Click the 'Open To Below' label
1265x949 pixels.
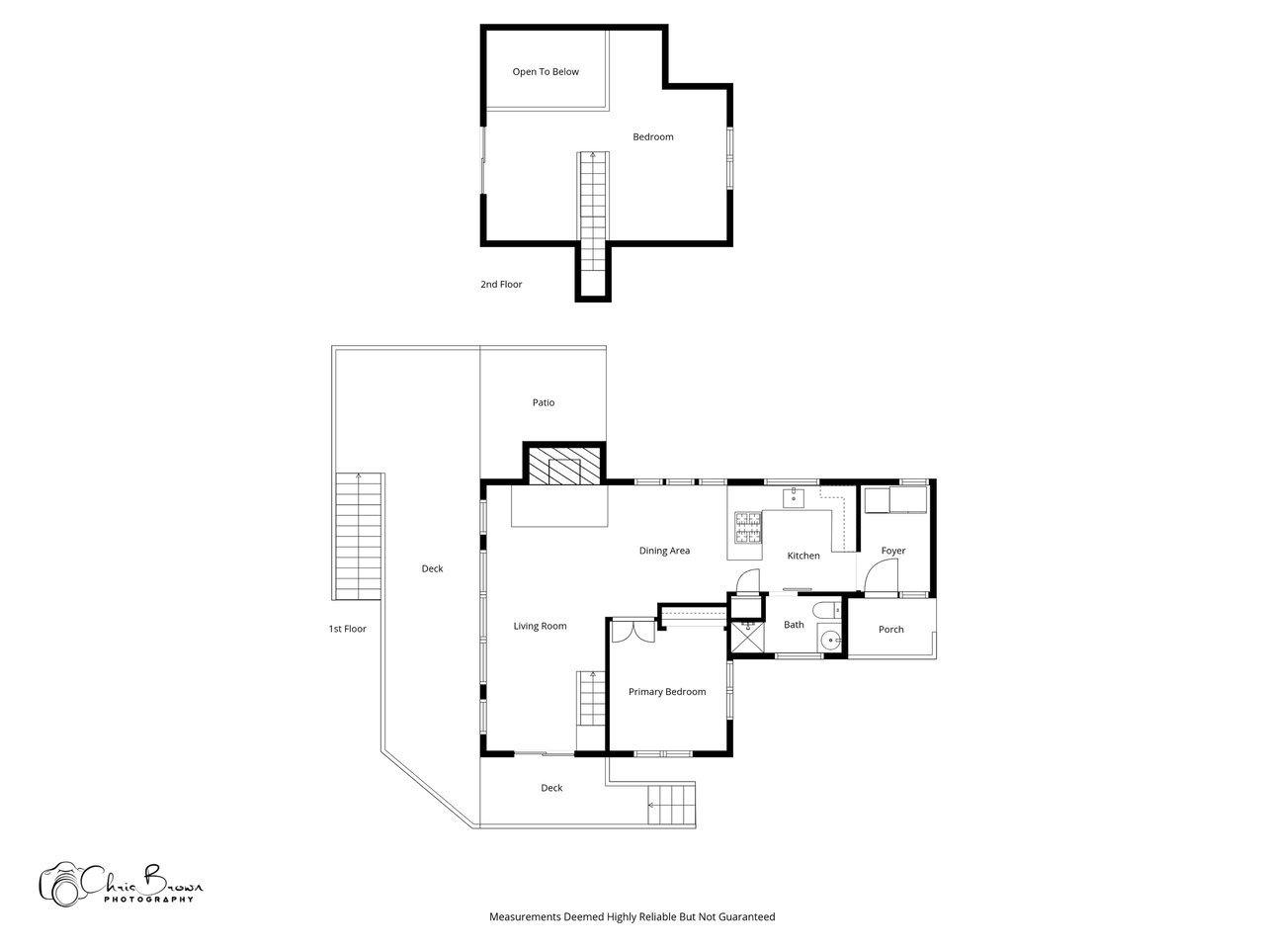tap(546, 72)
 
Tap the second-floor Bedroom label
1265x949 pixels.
tap(652, 137)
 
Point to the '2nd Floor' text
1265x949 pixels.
tap(501, 284)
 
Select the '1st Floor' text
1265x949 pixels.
tap(347, 629)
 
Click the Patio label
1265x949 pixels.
tap(543, 402)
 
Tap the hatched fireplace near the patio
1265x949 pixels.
tap(563, 466)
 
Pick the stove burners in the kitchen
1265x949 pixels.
tap(747, 527)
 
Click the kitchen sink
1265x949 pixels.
tap(793, 498)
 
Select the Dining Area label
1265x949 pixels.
tap(664, 551)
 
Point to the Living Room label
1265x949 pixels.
tap(540, 627)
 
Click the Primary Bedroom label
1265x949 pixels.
tap(667, 692)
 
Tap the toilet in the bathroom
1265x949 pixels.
tap(827, 609)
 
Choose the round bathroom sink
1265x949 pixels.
tap(830, 641)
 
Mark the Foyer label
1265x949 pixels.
tap(892, 551)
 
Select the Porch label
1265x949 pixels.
tap(890, 630)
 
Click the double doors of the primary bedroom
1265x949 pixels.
tap(632, 631)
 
